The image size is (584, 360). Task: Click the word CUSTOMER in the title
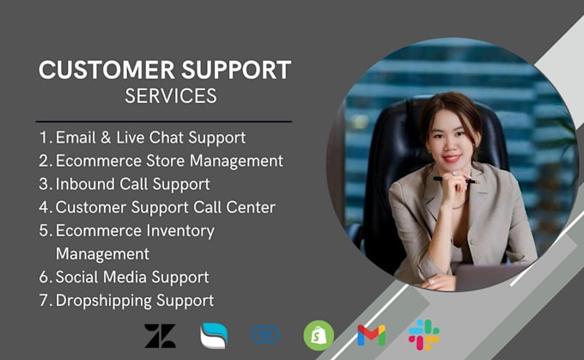tap(106, 70)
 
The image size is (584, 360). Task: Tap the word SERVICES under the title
tap(171, 96)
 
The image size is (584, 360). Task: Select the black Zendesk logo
tap(160, 336)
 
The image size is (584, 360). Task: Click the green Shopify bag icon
tap(319, 335)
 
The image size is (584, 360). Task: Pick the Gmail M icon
tap(371, 335)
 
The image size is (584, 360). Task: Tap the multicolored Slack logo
tap(424, 335)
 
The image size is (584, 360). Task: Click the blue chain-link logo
tap(265, 334)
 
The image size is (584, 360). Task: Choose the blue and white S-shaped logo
tap(214, 335)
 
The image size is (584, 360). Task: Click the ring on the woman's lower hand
tap(432, 281)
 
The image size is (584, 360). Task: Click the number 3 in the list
tap(44, 184)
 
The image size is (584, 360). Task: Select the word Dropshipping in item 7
tap(103, 301)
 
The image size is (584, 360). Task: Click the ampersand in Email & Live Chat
tap(106, 137)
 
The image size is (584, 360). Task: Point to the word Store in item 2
tap(164, 161)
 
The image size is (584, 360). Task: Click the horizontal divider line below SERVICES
tap(164, 121)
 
